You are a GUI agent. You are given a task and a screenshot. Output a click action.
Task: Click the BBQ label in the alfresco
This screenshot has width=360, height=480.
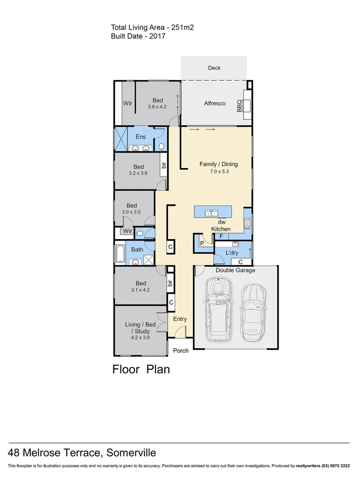click(239, 106)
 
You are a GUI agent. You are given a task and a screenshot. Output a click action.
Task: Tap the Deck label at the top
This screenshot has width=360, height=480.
click(214, 68)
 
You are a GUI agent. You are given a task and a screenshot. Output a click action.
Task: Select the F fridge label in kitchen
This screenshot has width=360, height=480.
click(220, 236)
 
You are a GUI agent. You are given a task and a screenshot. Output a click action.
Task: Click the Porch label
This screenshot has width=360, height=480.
click(180, 351)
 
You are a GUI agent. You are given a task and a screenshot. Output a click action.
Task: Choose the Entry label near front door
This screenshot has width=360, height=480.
click(180, 319)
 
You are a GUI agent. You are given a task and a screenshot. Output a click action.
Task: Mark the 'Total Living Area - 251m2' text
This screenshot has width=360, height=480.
click(152, 28)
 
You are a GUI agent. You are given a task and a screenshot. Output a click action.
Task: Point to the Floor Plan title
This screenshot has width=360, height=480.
click(141, 369)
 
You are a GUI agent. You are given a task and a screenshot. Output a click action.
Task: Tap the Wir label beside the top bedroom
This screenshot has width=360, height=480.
click(128, 103)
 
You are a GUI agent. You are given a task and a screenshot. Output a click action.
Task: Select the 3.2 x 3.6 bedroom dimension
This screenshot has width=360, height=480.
click(139, 174)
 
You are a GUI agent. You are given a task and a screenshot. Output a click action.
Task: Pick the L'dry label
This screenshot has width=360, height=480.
click(232, 252)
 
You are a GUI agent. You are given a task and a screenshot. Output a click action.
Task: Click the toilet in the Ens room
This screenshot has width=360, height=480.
click(161, 146)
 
